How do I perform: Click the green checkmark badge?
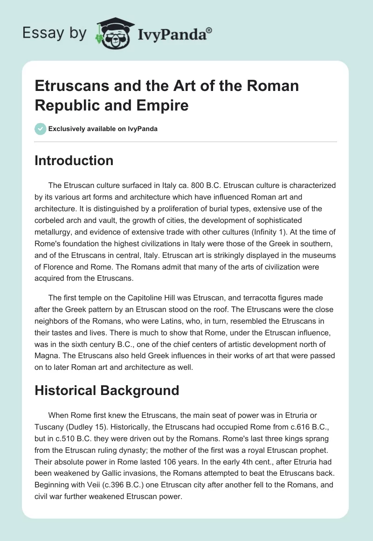[41, 129]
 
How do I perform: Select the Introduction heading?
[74, 160]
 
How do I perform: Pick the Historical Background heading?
[107, 390]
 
